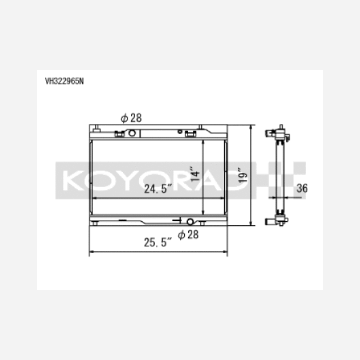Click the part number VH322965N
[x=65, y=81]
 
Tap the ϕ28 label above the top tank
[x=131, y=118]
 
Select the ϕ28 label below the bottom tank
[x=188, y=235]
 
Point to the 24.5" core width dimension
[x=158, y=189]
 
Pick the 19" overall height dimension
[x=243, y=175]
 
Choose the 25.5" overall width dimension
[x=158, y=242]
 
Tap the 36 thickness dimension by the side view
[x=302, y=188]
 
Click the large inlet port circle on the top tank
[x=132, y=133]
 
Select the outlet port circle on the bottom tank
[x=190, y=222]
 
